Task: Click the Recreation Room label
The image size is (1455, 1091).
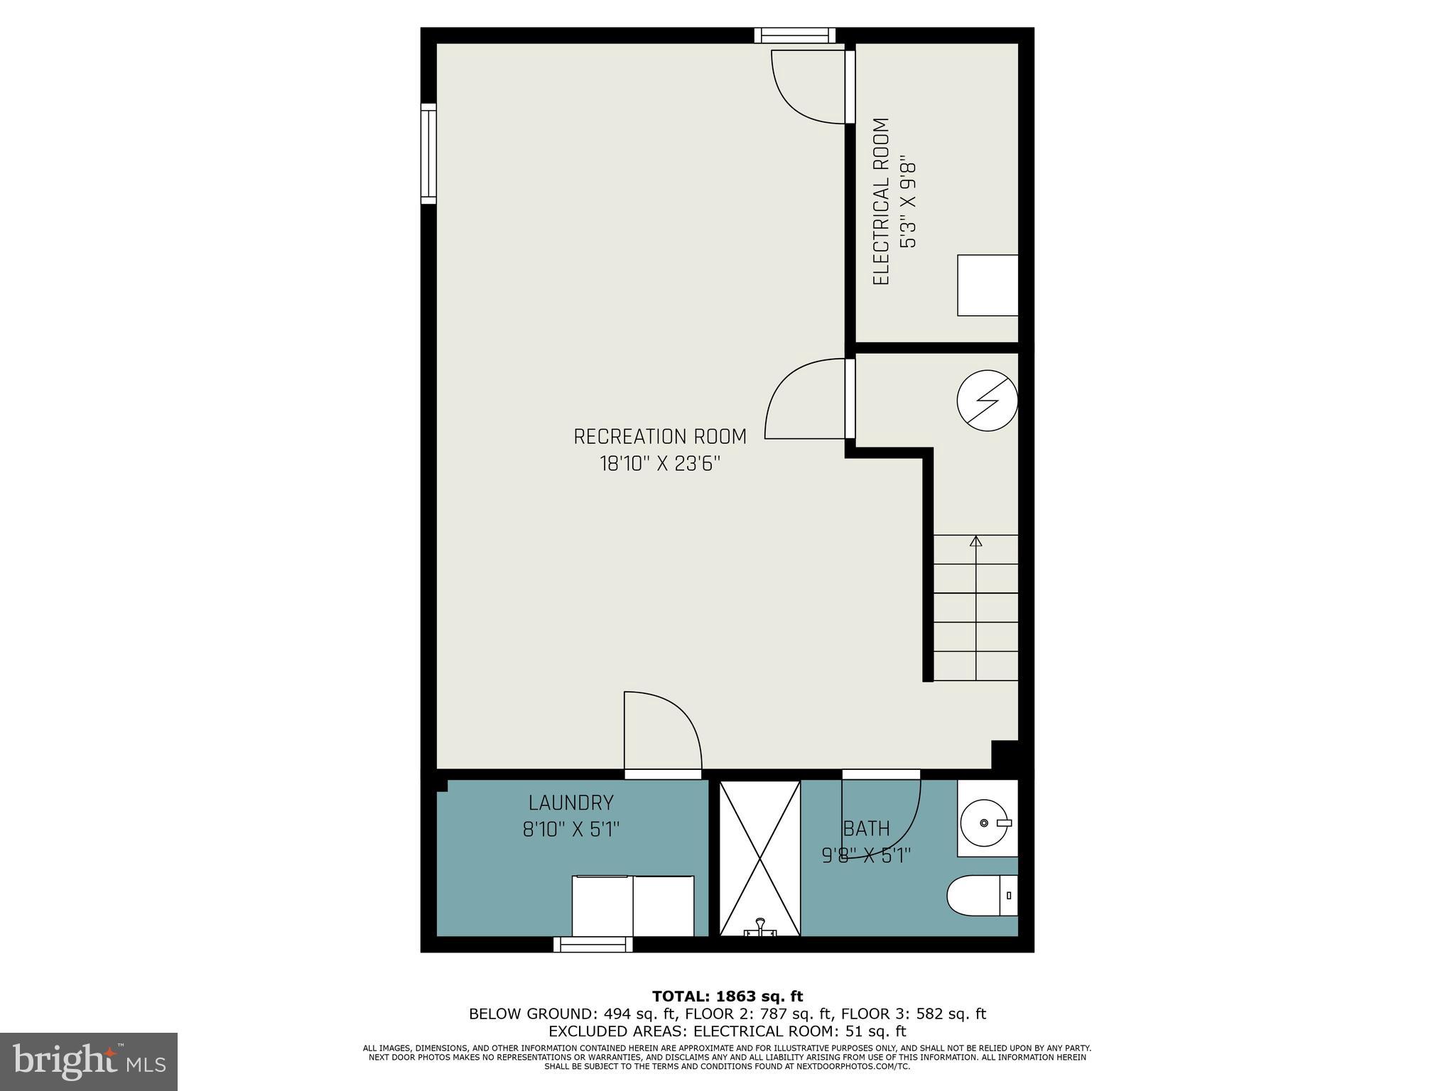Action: (x=660, y=436)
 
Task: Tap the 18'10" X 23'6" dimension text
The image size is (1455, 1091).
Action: (x=660, y=465)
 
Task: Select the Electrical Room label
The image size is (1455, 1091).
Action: (x=881, y=202)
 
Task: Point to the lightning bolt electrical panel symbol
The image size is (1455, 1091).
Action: (x=987, y=400)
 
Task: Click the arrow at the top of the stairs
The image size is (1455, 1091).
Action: (x=975, y=542)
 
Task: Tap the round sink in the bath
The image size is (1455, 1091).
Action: (x=984, y=823)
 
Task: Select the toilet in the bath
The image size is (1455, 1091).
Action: (x=981, y=895)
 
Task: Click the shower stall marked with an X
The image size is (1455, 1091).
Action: (x=759, y=858)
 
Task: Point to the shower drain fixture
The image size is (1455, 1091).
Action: (x=760, y=928)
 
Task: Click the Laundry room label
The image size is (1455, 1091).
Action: (x=570, y=803)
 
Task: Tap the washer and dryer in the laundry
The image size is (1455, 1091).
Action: (x=633, y=905)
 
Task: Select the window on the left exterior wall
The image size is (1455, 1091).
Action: (x=428, y=153)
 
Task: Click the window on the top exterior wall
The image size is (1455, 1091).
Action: (x=794, y=35)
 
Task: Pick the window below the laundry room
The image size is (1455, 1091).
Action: (x=593, y=944)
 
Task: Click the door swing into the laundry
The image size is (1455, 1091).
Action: (x=662, y=732)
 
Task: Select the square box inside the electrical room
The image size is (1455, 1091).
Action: (x=988, y=285)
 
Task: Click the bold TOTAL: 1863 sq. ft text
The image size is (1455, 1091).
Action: (x=727, y=996)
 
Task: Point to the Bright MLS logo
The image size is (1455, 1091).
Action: (x=89, y=1061)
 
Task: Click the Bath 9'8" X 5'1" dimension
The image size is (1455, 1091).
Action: (x=866, y=856)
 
